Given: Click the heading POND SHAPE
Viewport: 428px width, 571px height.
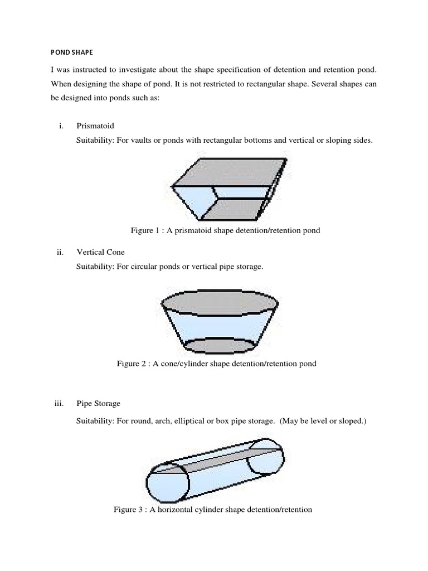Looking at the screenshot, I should pyautogui.click(x=70, y=52).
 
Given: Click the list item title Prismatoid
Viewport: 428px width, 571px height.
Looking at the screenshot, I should pyautogui.click(x=95, y=127).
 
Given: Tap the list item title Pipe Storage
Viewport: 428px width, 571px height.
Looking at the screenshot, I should pyautogui.click(x=98, y=403).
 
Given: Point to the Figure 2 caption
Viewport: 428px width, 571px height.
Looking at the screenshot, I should pyautogui.click(x=216, y=364).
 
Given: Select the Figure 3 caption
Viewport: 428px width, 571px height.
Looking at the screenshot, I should pyautogui.click(x=213, y=509).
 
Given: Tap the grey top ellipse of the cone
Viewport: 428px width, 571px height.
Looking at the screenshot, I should pyautogui.click(x=218, y=301).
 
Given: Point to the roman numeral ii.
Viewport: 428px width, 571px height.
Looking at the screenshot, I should pyautogui.click(x=61, y=253).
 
